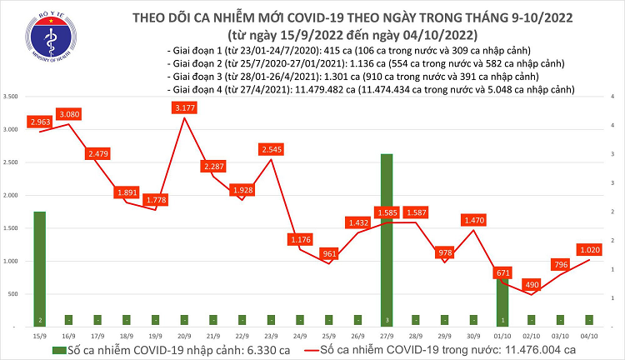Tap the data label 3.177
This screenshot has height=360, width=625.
[x=183, y=107]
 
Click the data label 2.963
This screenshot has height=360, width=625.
[x=40, y=122]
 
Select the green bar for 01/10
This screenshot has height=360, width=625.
[x=502, y=301]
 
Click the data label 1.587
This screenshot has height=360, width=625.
[x=415, y=212]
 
